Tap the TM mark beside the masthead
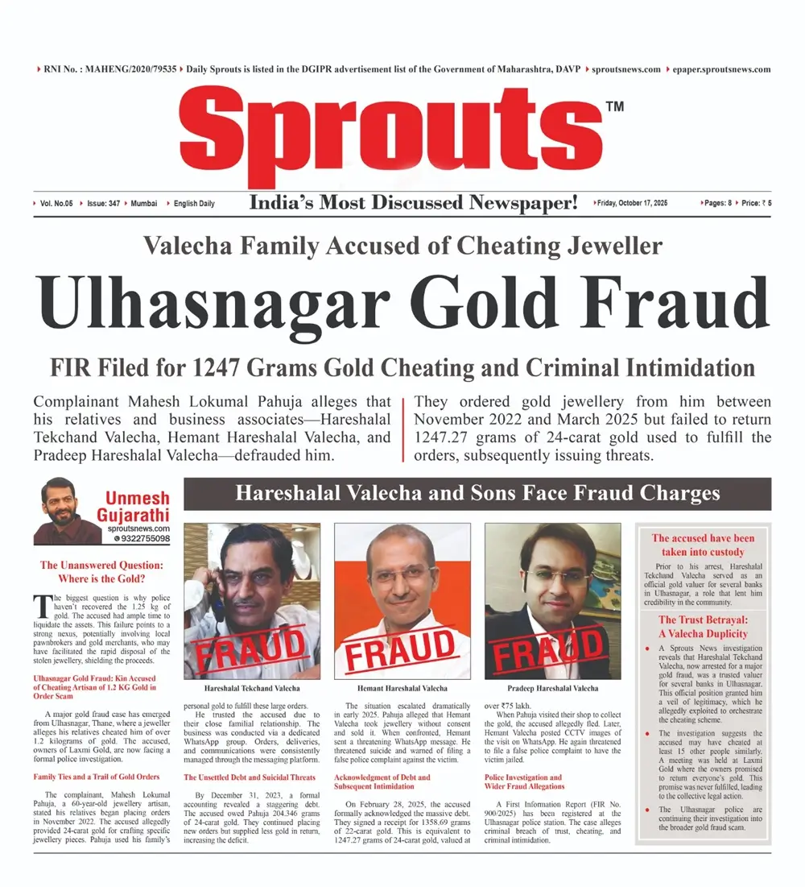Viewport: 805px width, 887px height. (x=613, y=106)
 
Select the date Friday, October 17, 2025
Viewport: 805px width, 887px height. (x=634, y=204)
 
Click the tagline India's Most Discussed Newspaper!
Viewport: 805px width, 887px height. (x=414, y=204)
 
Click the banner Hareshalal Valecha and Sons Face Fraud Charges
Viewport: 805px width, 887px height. (x=477, y=493)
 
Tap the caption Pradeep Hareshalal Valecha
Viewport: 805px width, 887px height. (x=553, y=689)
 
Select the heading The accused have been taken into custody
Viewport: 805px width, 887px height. (x=703, y=545)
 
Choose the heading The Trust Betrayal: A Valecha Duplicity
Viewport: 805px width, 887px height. (x=703, y=626)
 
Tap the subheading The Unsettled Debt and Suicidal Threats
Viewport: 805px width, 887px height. (x=249, y=777)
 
